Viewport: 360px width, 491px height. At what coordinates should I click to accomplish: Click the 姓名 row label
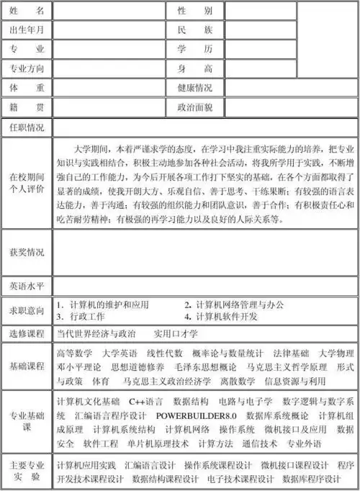tap(27, 11)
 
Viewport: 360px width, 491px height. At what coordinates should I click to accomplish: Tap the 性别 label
tap(195, 11)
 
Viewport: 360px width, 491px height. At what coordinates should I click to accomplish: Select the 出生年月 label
tap(27, 30)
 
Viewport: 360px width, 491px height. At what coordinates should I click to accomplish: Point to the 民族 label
tap(195, 30)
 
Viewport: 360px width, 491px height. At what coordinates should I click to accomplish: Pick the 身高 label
tap(195, 69)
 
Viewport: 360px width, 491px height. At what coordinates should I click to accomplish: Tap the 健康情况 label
tap(195, 89)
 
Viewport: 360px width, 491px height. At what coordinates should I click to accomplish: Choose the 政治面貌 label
tap(195, 108)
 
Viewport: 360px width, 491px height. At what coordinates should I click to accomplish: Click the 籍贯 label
tap(27, 108)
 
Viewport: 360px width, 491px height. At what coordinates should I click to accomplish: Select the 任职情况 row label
tap(27, 127)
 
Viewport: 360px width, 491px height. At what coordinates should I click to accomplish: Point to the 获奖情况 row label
tap(27, 252)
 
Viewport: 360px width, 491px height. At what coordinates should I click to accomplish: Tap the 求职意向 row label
tap(27, 310)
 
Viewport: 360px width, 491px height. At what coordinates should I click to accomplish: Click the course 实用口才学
tap(176, 334)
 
